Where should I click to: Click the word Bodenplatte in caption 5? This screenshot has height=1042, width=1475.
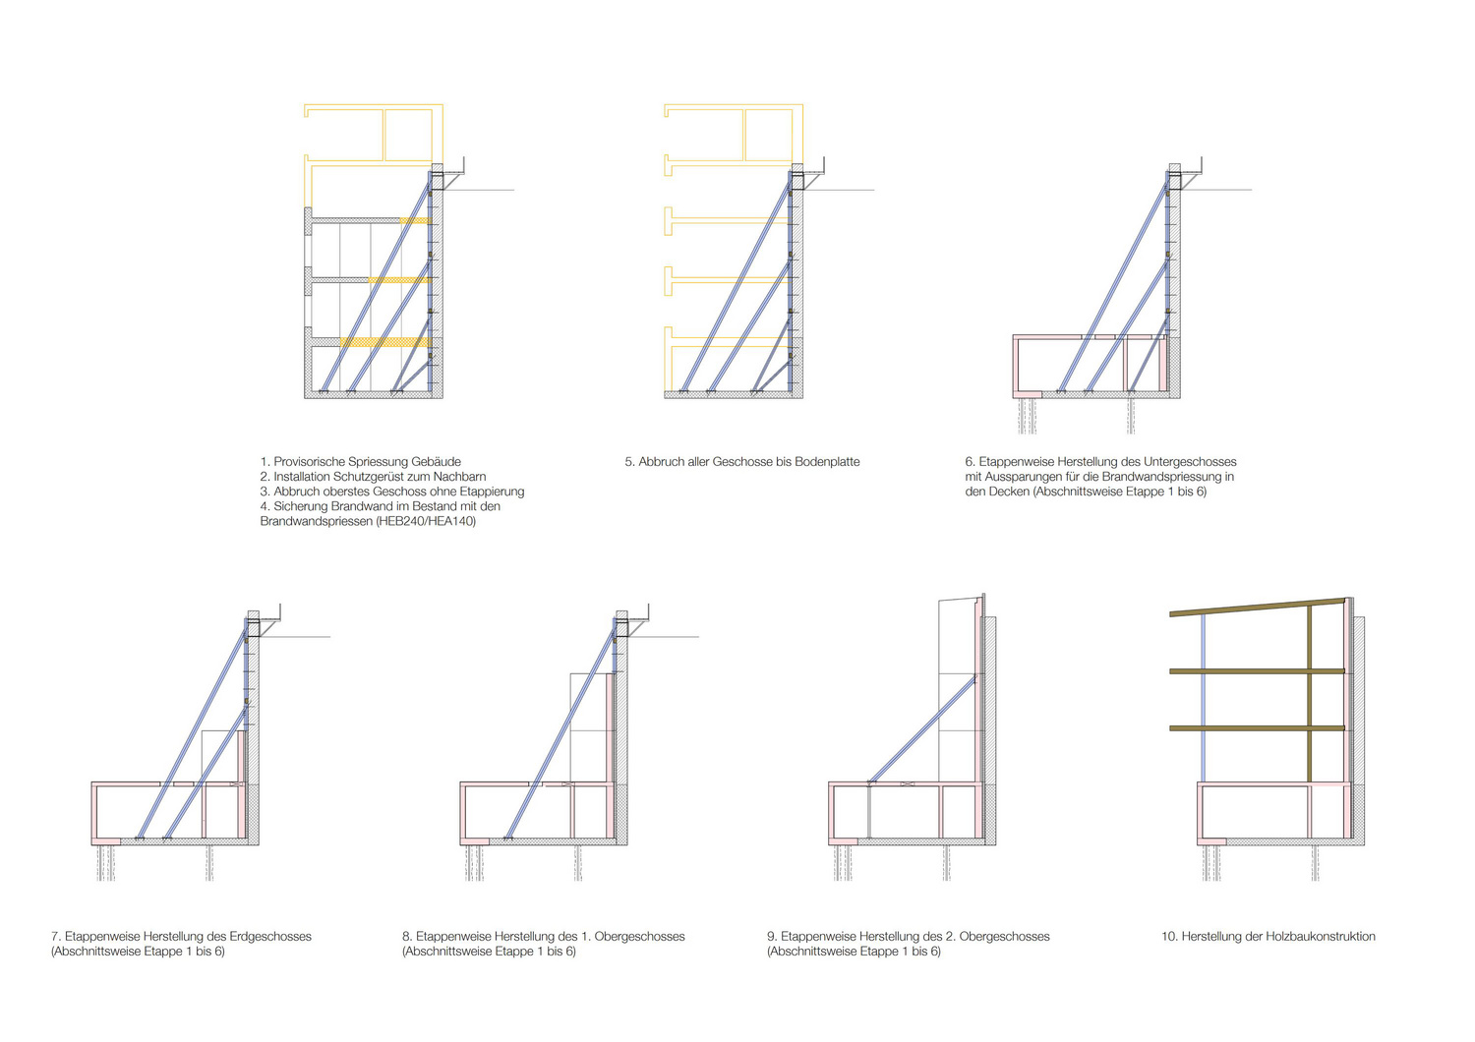coord(827,462)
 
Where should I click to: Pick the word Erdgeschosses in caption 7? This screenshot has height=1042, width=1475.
coord(270,936)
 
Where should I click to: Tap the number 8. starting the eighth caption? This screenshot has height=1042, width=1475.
coord(407,936)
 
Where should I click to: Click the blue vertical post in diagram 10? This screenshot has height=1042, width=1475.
coord(1203,698)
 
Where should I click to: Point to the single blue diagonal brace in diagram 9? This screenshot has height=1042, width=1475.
coord(922,730)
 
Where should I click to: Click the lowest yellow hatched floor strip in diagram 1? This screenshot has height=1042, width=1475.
coord(385,342)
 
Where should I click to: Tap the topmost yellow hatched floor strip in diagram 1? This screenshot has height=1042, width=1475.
coord(416,220)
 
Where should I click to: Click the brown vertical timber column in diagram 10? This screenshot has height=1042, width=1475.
coord(1309,694)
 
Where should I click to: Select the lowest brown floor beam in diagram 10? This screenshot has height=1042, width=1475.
coord(1257,728)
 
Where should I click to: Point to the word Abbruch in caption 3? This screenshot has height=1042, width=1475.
coord(295,492)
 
